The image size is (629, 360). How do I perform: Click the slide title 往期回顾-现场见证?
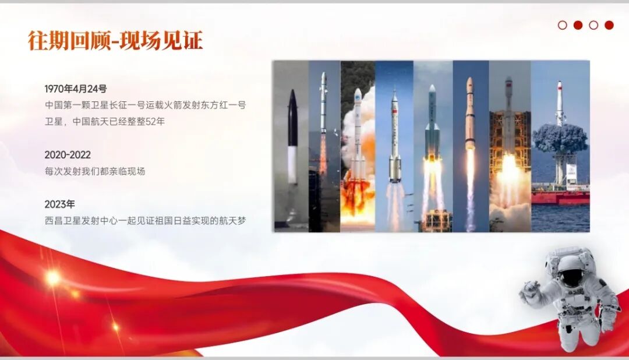point(115,41)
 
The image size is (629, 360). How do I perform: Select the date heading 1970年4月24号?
point(76,89)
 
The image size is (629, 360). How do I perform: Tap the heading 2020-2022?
point(68,155)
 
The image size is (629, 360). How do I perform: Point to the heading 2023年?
point(59,204)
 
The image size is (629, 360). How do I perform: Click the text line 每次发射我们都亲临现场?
point(94,171)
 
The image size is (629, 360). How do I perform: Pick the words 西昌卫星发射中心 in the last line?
point(82,221)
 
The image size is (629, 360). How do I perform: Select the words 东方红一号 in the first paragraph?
point(223,105)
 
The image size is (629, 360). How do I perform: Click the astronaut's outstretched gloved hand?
point(529,290)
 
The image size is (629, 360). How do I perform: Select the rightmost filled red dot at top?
point(609,25)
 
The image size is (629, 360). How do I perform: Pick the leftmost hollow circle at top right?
point(563,25)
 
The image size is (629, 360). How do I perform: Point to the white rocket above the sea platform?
point(560,105)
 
